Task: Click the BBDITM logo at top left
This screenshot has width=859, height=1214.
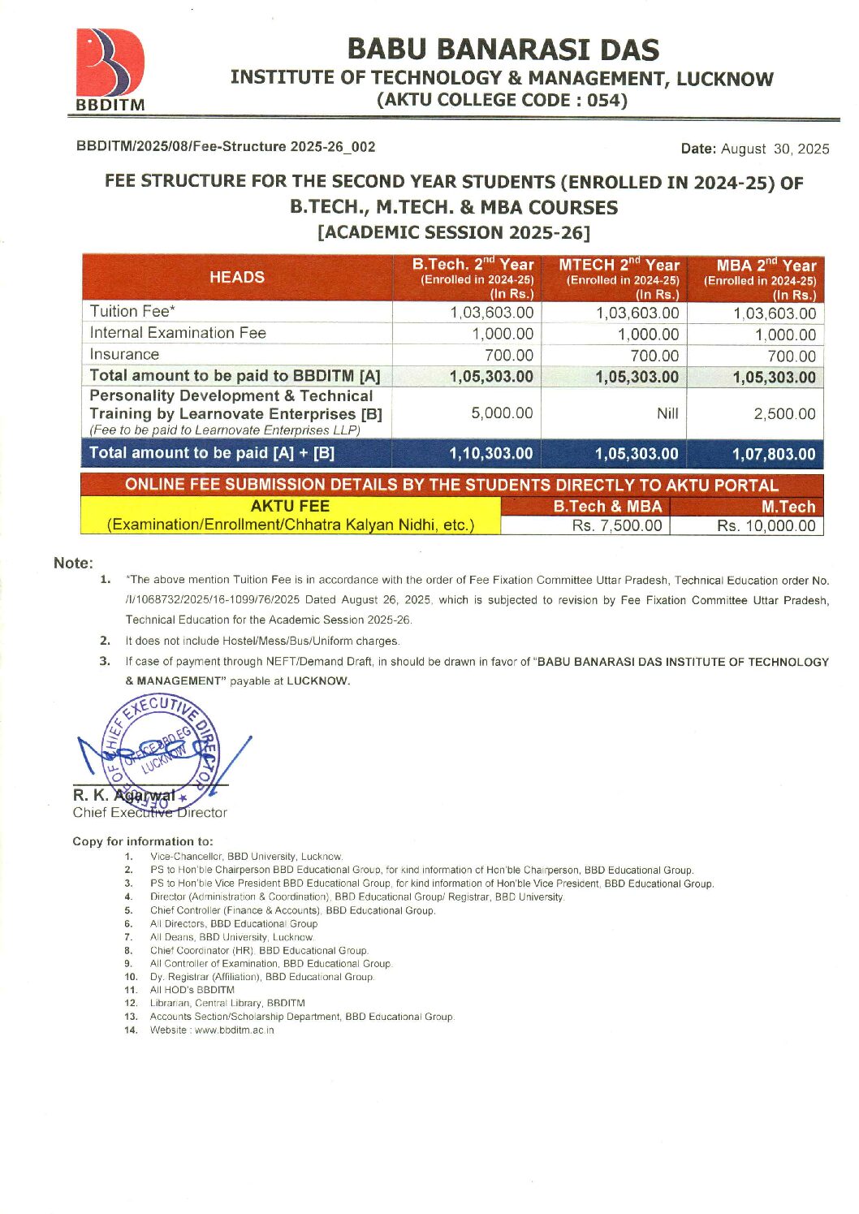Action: (x=110, y=70)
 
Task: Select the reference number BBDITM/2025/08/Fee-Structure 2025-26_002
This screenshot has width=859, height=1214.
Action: (x=226, y=146)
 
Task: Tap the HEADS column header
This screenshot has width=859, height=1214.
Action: (x=236, y=278)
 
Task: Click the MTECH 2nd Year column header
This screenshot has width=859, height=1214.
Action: (x=619, y=278)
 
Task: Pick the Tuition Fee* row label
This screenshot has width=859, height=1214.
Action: (x=132, y=312)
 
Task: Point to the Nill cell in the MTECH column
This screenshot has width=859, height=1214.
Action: (x=667, y=413)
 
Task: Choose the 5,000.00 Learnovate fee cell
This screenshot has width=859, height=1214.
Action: (x=502, y=413)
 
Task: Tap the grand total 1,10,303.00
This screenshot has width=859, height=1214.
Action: (x=490, y=453)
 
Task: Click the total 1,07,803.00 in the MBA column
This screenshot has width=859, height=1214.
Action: (x=774, y=454)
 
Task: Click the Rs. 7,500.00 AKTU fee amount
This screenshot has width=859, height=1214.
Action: (x=616, y=525)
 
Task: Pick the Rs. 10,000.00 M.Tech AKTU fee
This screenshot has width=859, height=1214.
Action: (x=766, y=525)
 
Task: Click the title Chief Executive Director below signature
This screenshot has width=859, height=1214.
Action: (x=150, y=813)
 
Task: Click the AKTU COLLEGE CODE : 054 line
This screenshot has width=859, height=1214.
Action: (x=502, y=100)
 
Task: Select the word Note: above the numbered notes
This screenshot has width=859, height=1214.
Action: (x=73, y=563)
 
